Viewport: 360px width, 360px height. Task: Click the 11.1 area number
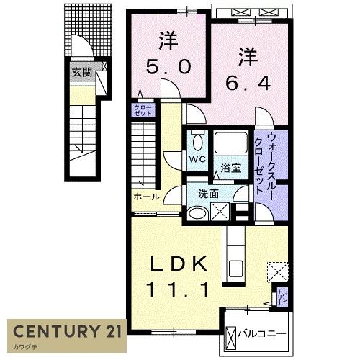pos(179,289)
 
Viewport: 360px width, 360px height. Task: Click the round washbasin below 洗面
pos(197,212)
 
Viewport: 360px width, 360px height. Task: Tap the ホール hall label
pos(146,196)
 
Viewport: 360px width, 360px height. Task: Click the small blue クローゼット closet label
pos(139,110)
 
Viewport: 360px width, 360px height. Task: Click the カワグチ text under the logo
pos(23,349)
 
